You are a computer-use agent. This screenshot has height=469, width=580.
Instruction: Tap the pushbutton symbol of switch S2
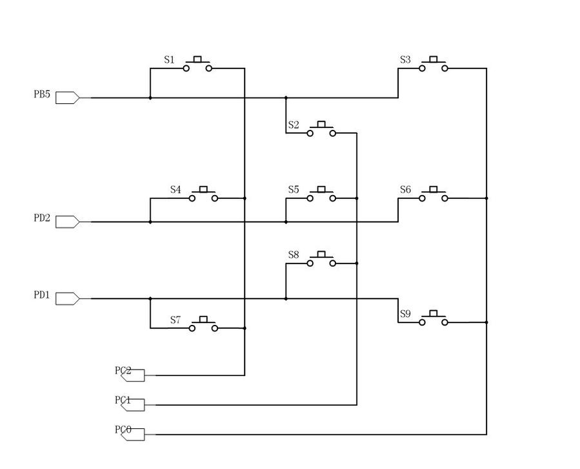[321, 129]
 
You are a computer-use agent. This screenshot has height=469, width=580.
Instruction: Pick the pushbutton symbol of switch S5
[321, 194]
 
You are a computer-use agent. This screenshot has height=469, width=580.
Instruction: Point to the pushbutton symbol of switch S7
[204, 324]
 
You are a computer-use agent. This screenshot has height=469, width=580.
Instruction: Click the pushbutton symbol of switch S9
[433, 318]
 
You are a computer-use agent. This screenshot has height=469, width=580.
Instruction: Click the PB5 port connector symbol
[67, 98]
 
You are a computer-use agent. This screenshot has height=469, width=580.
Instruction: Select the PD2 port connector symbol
[67, 222]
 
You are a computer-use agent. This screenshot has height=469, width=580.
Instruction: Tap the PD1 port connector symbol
[67, 298]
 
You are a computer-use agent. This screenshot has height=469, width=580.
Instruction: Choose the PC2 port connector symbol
[134, 375]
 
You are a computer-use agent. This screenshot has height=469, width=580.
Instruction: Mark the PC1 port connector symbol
[134, 405]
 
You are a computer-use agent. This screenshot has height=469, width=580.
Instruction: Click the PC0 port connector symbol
[134, 435]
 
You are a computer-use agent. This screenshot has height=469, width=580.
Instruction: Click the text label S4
[175, 189]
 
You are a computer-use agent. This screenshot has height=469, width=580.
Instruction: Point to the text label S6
[405, 189]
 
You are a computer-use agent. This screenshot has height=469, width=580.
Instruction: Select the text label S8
[294, 255]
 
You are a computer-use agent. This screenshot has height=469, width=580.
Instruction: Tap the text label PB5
[42, 94]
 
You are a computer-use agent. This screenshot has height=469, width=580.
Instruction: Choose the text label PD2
[42, 218]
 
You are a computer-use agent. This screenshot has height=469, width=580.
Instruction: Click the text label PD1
[42, 295]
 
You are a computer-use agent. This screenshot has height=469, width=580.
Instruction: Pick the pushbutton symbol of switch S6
[433, 194]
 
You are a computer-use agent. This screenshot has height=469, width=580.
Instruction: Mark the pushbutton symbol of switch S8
[321, 259]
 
